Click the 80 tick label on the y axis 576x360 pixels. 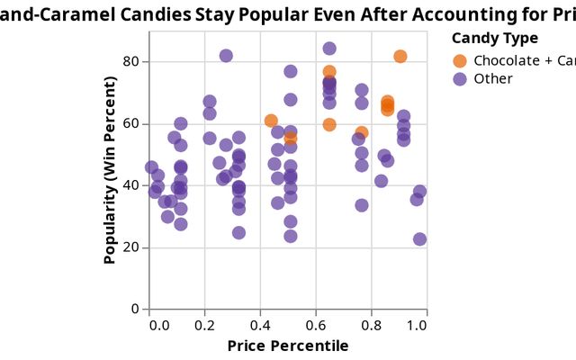(131, 61)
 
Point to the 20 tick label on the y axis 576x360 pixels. (131, 247)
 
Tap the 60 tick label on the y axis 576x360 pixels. (131, 123)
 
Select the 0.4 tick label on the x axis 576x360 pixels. (261, 323)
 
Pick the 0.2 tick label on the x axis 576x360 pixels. (209, 323)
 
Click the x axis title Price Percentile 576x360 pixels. (287, 346)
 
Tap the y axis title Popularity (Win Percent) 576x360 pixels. (110, 170)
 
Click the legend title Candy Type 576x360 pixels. (494, 38)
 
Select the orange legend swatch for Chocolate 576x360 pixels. (460, 60)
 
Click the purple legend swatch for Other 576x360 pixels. (460, 78)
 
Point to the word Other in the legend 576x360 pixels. (492, 78)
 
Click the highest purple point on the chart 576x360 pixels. (329, 49)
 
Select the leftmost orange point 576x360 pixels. (271, 121)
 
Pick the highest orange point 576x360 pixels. (400, 57)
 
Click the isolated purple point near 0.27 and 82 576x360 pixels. (226, 56)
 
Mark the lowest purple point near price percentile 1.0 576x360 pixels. (419, 239)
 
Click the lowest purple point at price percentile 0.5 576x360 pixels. (291, 236)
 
